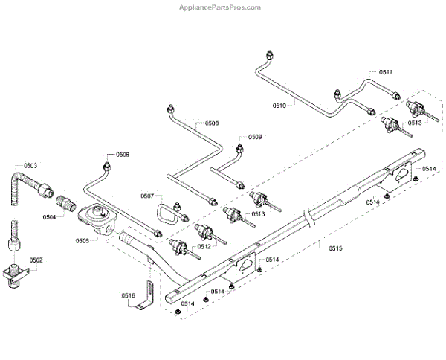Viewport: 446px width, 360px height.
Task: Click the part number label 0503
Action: [30, 166]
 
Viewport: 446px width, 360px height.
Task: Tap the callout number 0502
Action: [36, 260]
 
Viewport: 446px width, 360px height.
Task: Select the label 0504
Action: [49, 217]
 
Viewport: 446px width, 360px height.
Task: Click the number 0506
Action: [122, 155]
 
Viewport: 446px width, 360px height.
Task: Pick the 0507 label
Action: [147, 196]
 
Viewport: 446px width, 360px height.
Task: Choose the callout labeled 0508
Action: [211, 123]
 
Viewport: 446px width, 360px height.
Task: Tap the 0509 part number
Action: [255, 137]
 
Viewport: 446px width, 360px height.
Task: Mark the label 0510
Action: [278, 106]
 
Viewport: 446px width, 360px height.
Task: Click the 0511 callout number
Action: [385, 72]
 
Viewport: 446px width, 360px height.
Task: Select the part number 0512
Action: [204, 246]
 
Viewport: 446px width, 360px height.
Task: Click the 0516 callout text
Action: [129, 295]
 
